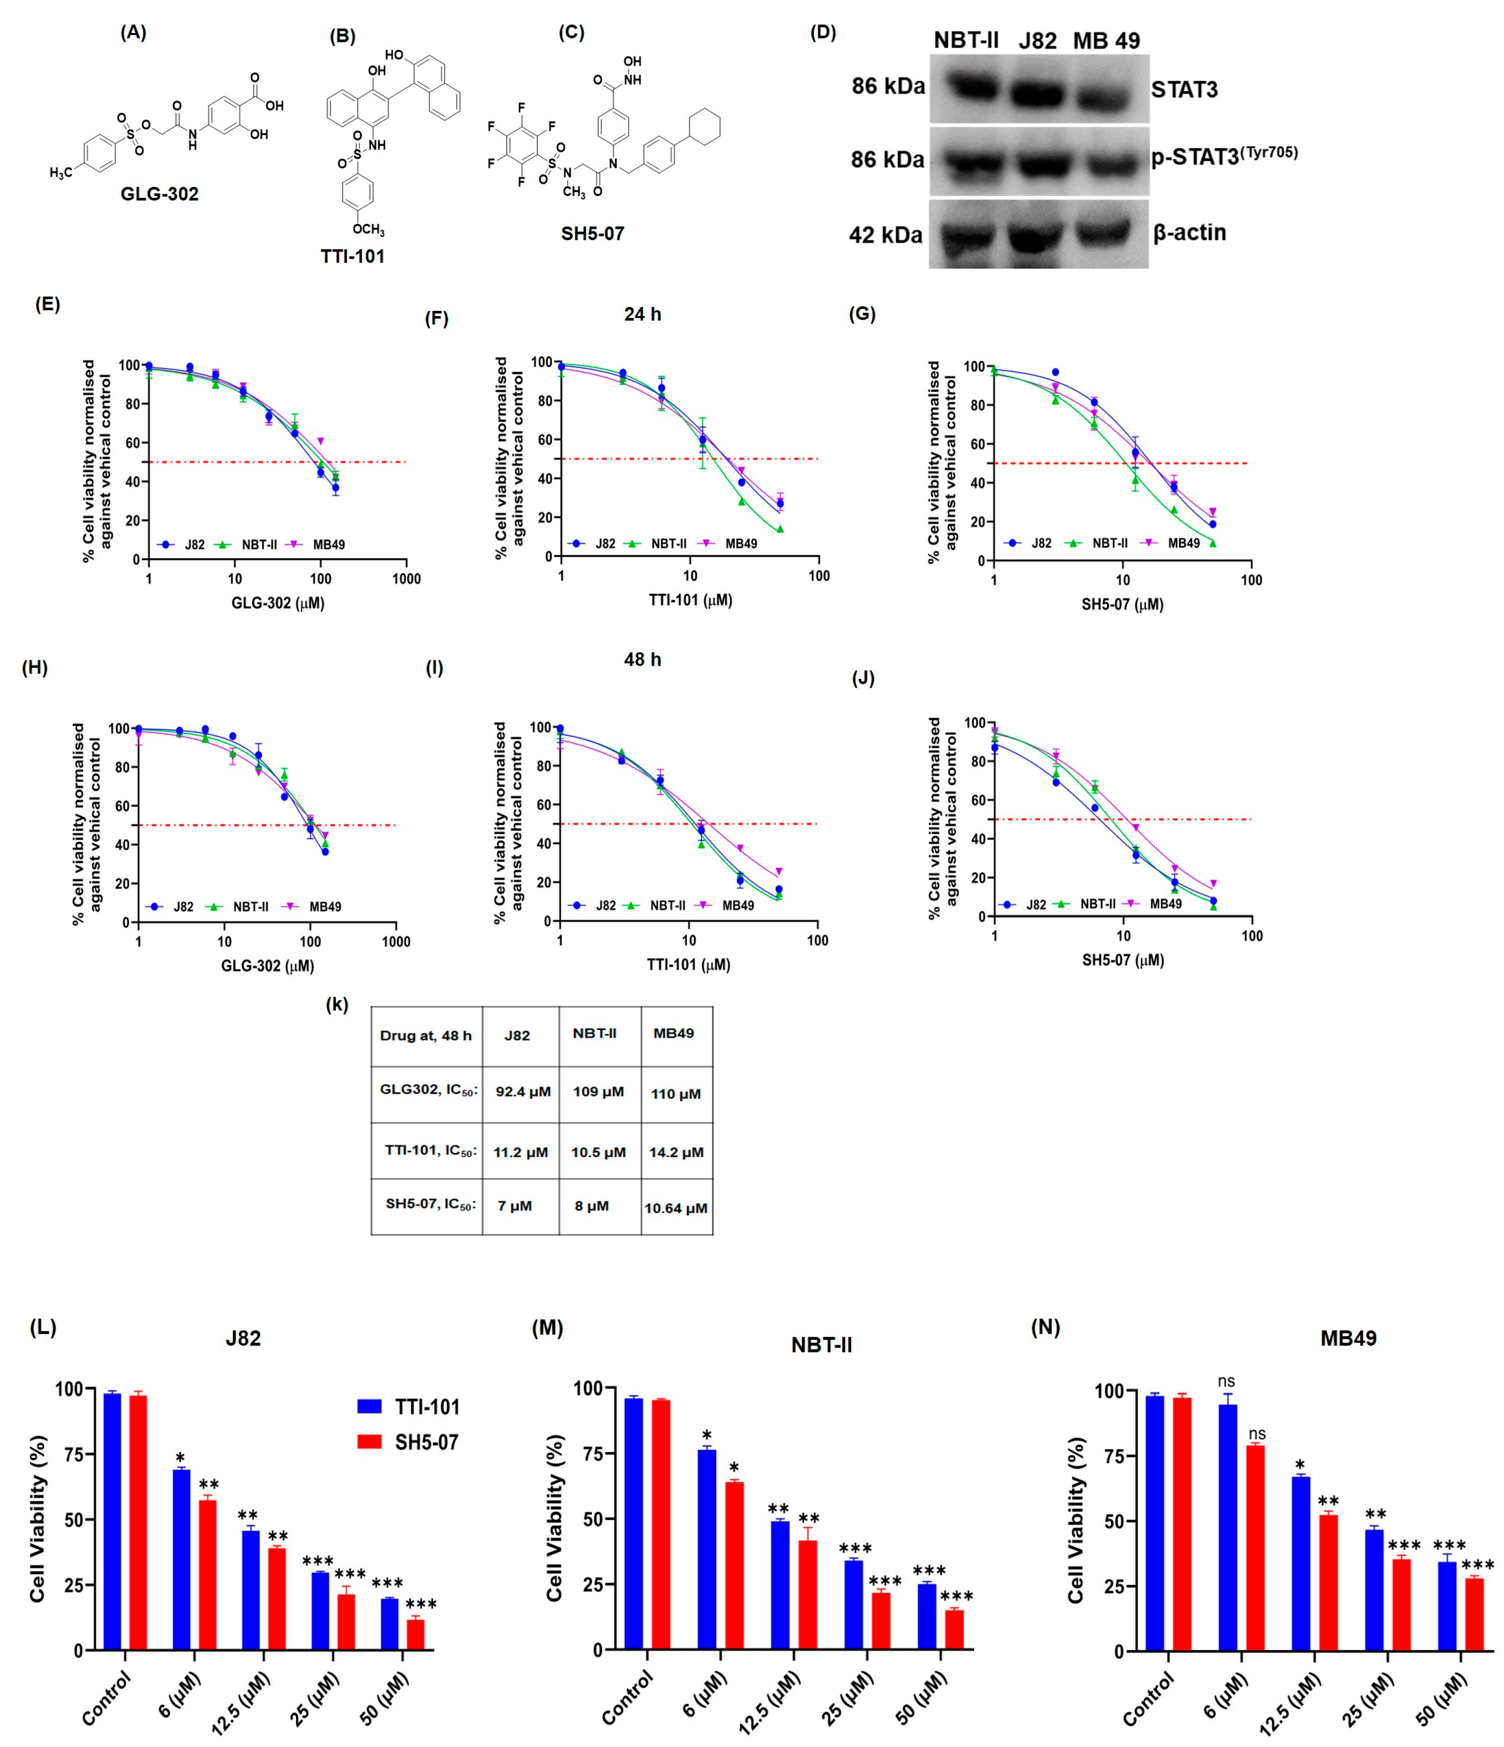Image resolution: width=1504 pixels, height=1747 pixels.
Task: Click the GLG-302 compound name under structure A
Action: (159, 194)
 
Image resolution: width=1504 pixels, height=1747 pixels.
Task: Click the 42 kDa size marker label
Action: (885, 235)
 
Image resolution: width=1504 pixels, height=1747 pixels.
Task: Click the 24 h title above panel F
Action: (642, 314)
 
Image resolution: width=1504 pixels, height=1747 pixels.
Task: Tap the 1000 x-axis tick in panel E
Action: (406, 578)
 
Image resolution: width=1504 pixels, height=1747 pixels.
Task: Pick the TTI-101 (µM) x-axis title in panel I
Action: (689, 965)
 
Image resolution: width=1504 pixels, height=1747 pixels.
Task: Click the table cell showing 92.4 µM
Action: (523, 1092)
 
